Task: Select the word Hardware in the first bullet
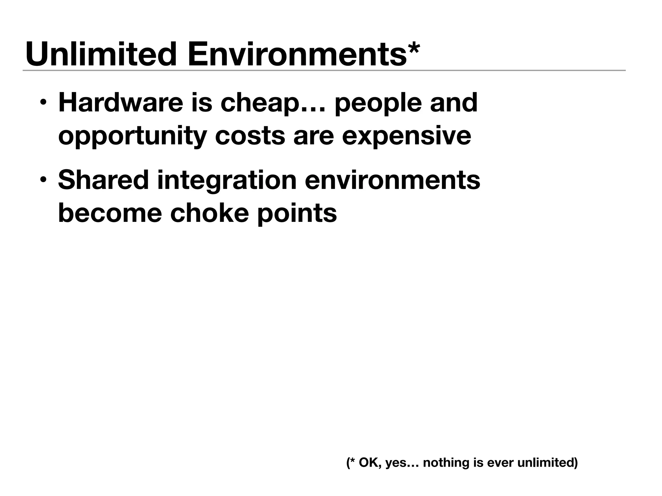(x=121, y=103)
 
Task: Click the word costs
(x=250, y=136)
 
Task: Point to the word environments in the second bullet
(x=392, y=180)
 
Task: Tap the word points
(x=297, y=214)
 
